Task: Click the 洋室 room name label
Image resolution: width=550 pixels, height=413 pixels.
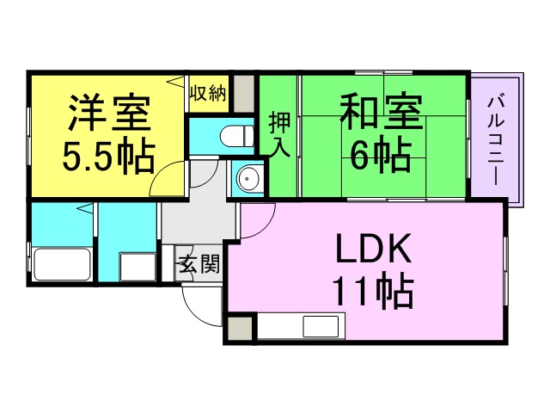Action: click(110, 113)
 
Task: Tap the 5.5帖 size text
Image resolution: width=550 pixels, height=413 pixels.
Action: click(109, 157)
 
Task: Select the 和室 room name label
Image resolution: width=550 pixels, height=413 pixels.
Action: click(382, 111)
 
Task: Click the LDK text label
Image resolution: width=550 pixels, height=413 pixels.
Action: click(374, 249)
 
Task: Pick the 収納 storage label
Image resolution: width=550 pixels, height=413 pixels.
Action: click(208, 94)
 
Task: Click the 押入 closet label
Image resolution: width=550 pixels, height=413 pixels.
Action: click(279, 134)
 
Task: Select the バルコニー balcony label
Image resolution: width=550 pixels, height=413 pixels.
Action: click(496, 139)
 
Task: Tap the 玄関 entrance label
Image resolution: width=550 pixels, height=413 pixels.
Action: click(199, 263)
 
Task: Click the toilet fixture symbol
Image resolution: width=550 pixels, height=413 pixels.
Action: click(237, 135)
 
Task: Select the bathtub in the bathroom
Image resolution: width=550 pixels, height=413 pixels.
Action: click(63, 264)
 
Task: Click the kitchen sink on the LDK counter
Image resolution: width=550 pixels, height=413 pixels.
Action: click(321, 327)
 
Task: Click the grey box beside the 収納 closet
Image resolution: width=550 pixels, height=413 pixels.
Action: click(244, 94)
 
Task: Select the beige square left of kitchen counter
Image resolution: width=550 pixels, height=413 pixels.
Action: click(240, 329)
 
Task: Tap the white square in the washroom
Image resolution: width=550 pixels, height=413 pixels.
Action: click(137, 267)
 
